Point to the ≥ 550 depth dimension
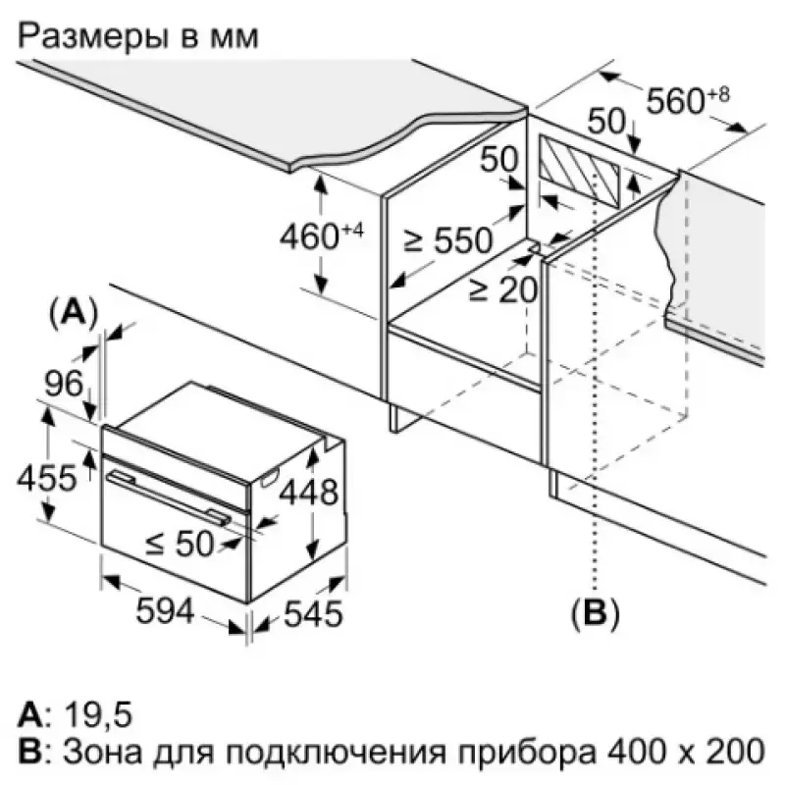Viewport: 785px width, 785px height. [454, 241]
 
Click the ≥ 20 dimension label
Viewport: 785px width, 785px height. [502, 288]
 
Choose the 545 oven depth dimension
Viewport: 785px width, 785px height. [313, 614]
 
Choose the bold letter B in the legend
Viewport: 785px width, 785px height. [29, 753]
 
